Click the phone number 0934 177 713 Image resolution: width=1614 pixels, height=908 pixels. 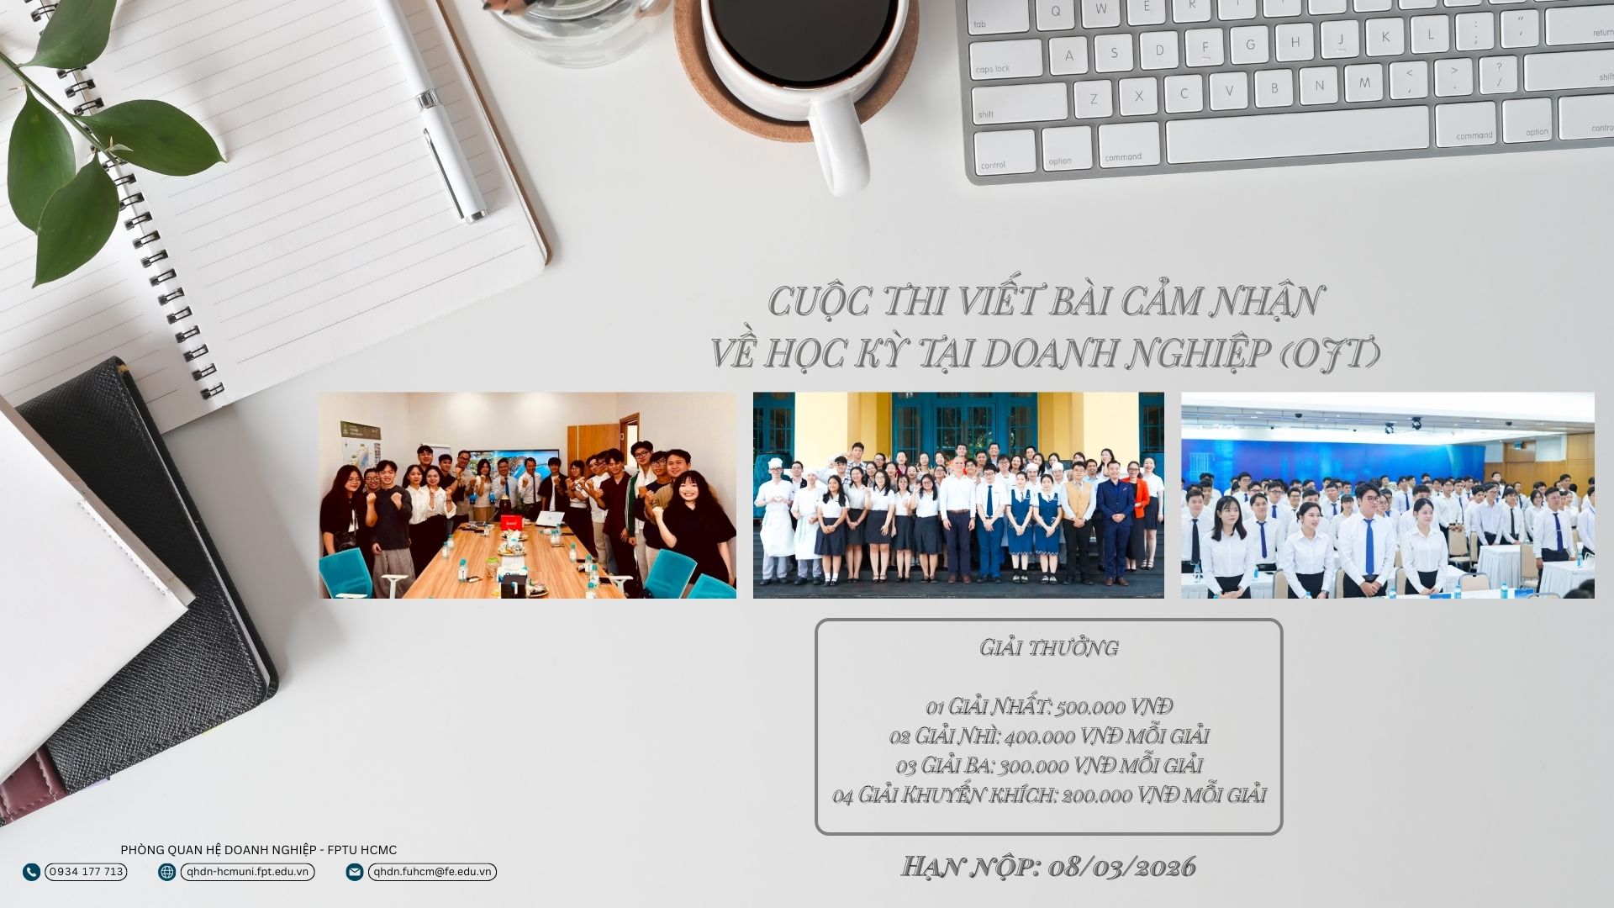click(x=86, y=872)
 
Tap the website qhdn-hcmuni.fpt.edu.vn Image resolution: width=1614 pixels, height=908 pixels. click(x=248, y=872)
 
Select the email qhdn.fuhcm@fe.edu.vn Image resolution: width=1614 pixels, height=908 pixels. click(x=432, y=872)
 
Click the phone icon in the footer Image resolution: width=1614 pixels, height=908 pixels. click(x=32, y=872)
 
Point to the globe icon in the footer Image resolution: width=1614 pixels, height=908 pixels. click(x=167, y=872)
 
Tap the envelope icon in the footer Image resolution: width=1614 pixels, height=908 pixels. click(x=355, y=872)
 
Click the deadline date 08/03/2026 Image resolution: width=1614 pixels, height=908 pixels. click(x=1122, y=867)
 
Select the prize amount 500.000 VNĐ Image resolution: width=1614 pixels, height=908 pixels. click(x=1114, y=706)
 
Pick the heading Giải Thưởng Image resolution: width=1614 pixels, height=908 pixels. click(x=1049, y=647)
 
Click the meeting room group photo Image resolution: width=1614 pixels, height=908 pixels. click(x=527, y=495)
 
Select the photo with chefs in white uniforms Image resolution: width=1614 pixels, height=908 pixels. click(x=958, y=495)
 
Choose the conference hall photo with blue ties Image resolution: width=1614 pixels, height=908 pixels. click(x=1387, y=495)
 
